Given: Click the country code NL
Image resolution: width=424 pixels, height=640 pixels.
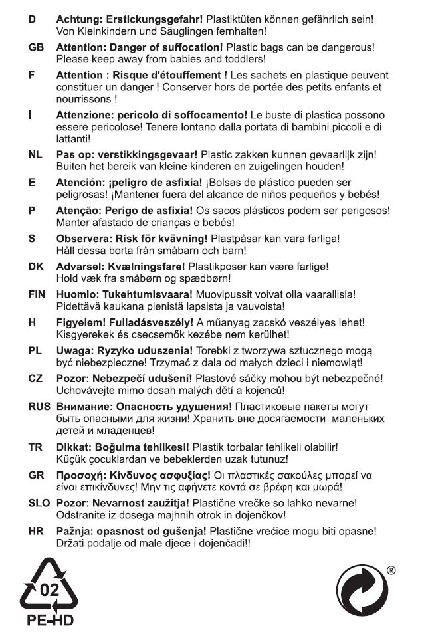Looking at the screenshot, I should point(35,154).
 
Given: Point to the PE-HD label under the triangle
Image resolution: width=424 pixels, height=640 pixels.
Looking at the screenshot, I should point(50,621).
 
